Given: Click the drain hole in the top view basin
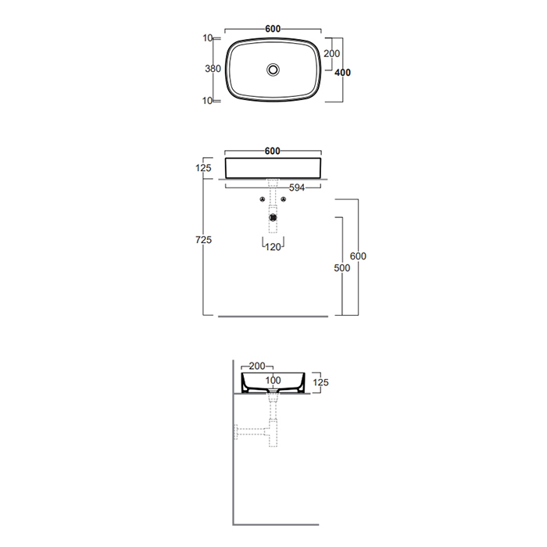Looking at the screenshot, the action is click(x=273, y=70).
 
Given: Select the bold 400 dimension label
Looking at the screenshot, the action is click(x=342, y=73).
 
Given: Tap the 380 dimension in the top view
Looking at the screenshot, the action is click(x=213, y=69).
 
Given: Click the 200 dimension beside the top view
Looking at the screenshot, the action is click(x=331, y=54).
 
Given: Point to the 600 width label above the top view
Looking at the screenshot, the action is click(x=273, y=29).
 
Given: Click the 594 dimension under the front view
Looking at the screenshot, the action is click(x=297, y=188).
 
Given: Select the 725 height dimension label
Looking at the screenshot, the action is click(x=204, y=240).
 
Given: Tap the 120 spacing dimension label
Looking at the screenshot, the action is click(x=273, y=247).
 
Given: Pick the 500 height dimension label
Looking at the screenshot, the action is click(x=342, y=268).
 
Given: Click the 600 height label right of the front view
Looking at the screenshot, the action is click(x=358, y=256).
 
